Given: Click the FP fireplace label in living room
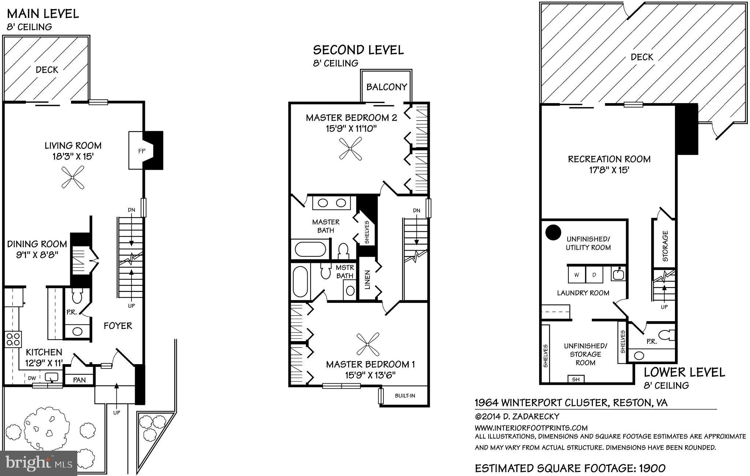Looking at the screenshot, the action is (x=142, y=151).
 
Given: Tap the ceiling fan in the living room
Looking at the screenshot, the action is (x=73, y=177).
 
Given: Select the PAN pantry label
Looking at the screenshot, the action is (x=79, y=380).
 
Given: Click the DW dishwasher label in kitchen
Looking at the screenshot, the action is (x=32, y=377).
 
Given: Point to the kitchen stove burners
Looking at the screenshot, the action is (x=13, y=339).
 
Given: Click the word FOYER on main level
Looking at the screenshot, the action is (x=118, y=326).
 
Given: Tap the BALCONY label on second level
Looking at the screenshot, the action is (x=387, y=87).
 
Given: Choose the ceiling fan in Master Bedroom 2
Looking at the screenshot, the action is (x=350, y=148).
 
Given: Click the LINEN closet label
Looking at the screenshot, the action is (x=368, y=280).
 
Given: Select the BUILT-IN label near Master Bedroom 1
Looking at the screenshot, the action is (x=405, y=396).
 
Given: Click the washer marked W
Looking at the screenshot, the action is (x=577, y=275).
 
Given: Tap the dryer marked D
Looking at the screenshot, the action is (x=594, y=275).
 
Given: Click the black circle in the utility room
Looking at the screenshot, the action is (x=553, y=232).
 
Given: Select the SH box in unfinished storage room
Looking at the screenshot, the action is (x=576, y=379).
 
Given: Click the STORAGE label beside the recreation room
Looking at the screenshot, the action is (x=665, y=246).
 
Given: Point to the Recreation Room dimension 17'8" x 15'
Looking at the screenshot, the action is (x=609, y=170).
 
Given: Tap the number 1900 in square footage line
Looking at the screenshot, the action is (x=652, y=468).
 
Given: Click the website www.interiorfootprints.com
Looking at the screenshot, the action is (x=531, y=428).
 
